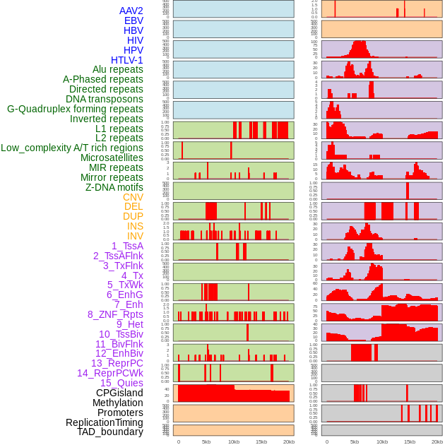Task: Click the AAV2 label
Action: coord(131,11)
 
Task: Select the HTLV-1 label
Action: coord(126,60)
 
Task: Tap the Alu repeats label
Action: coord(117,69)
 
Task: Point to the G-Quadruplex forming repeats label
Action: coord(75,109)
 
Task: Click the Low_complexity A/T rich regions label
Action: coord(72,148)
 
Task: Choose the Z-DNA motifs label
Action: coord(114,187)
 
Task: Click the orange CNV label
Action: coord(133,197)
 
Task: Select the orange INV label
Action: coord(135,236)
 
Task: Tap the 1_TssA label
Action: coord(127,246)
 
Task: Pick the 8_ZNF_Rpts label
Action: coord(115,314)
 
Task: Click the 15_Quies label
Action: coord(121,383)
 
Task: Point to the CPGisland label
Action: coord(119,393)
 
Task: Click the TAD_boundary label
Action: coord(109,432)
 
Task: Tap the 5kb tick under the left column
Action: coord(206,441)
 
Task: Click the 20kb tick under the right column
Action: coord(437,441)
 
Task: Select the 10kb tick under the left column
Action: coord(234,441)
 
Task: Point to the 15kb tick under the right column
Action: coord(409,441)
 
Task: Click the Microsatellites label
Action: coord(112,158)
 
